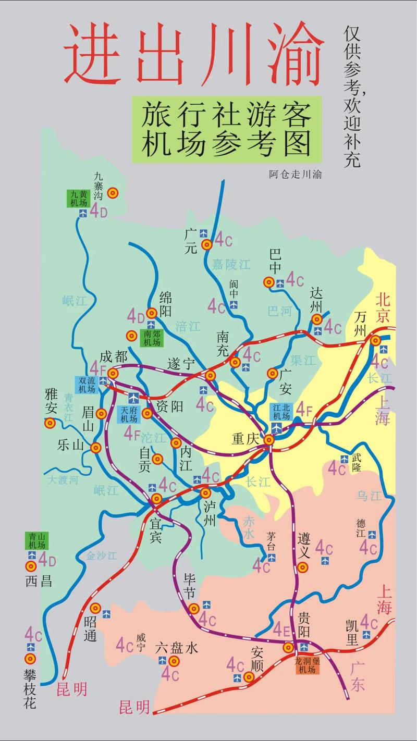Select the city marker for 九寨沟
(x=113, y=193)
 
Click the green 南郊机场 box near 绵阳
(x=152, y=338)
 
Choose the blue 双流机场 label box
(x=87, y=385)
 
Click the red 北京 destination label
(x=384, y=307)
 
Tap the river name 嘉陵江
(x=230, y=264)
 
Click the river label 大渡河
(x=63, y=479)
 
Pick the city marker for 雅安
(x=50, y=423)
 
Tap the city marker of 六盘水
(x=174, y=661)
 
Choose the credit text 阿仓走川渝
(x=295, y=175)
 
